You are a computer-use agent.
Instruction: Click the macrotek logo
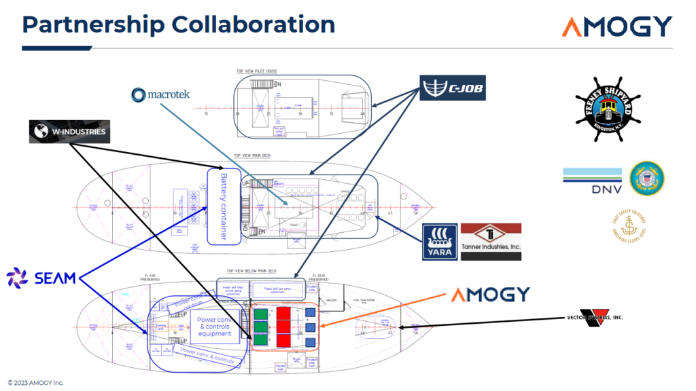pyautogui.click(x=160, y=95)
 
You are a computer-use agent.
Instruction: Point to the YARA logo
pyautogui.click(x=438, y=242)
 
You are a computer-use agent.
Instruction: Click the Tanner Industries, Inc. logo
pyautogui.click(x=491, y=242)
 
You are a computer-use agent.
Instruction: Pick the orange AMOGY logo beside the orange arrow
pyautogui.click(x=490, y=295)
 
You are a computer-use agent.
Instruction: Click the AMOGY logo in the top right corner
pyautogui.click(x=616, y=27)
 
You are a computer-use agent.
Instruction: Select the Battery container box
pyautogui.click(x=225, y=206)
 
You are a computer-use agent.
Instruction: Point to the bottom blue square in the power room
pyautogui.click(x=310, y=339)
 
